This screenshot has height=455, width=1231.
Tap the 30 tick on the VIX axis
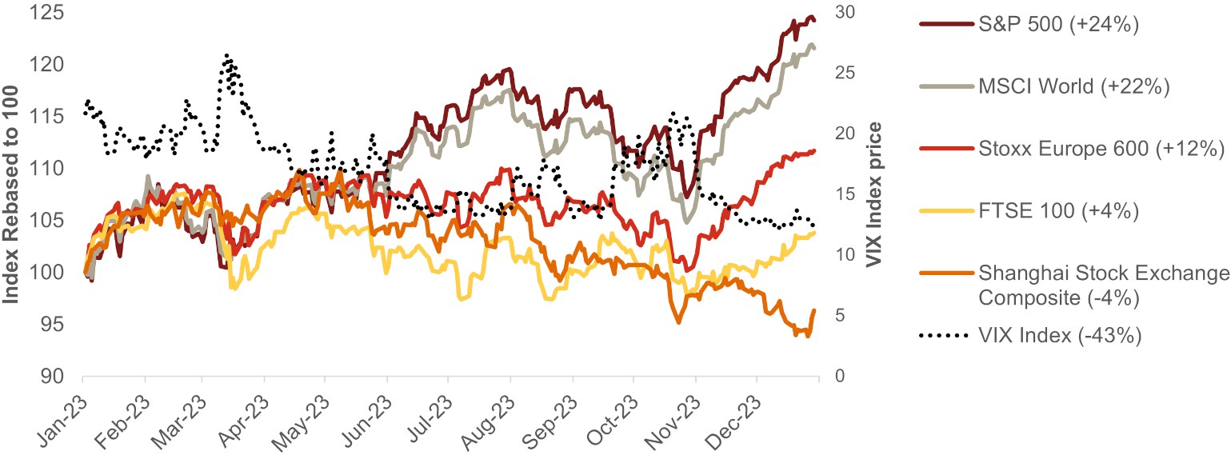[x=844, y=12]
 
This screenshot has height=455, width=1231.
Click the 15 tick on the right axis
[x=844, y=194]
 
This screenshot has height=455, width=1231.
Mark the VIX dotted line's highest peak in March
[x=226, y=55]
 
